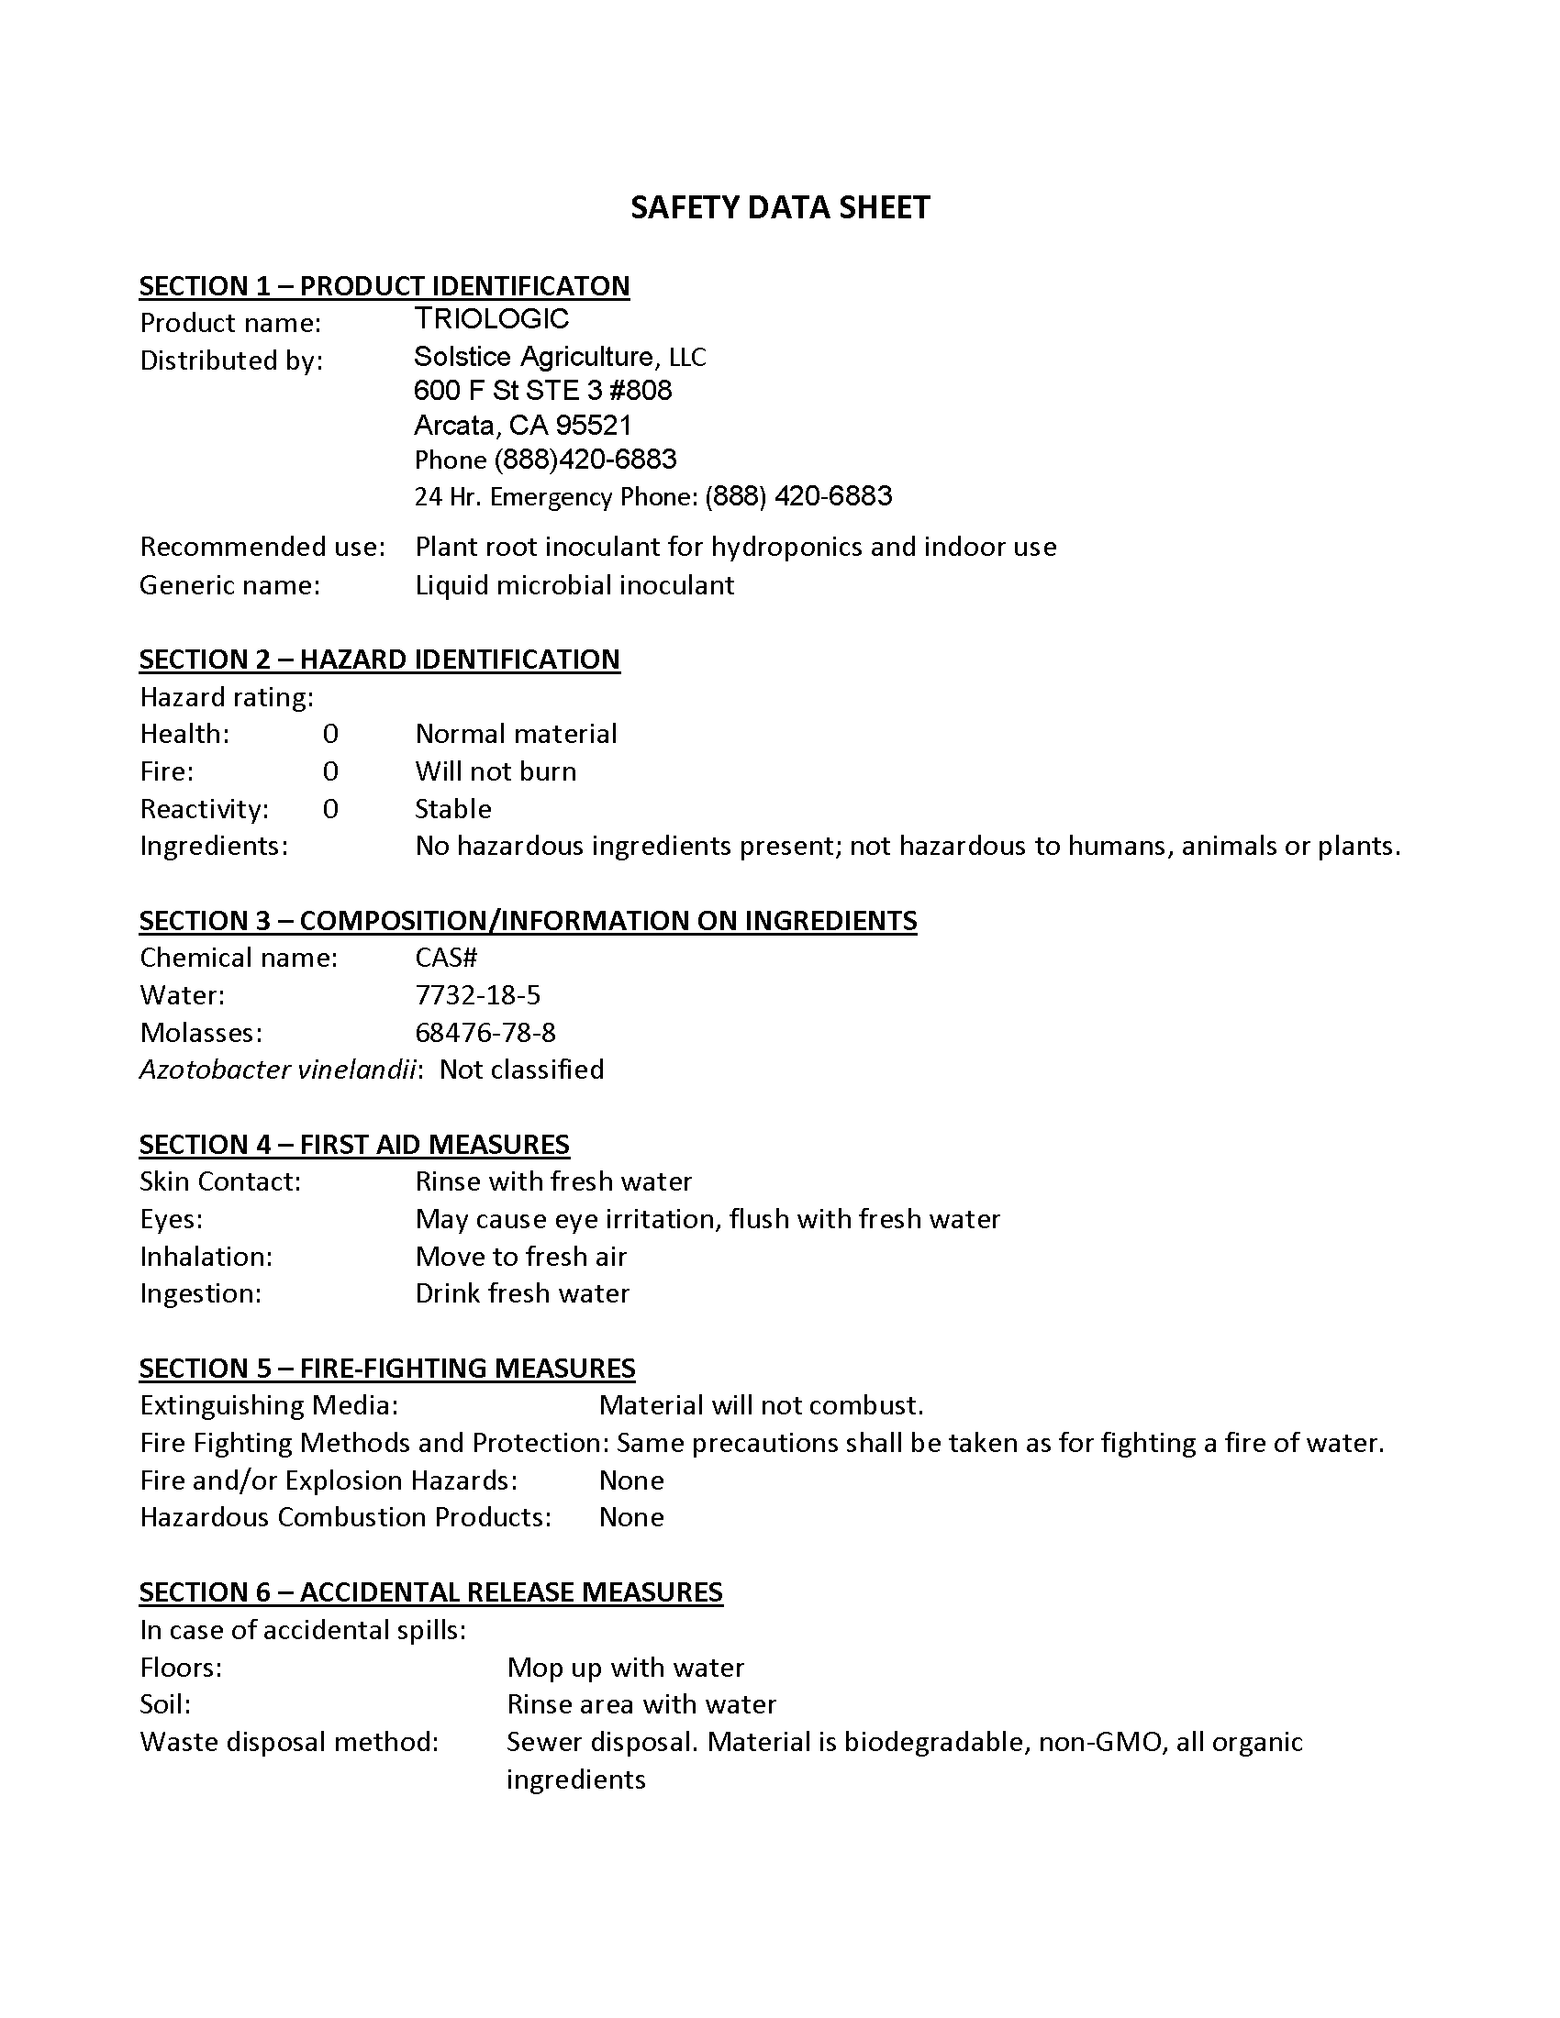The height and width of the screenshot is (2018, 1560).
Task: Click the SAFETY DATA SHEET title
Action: pos(779,207)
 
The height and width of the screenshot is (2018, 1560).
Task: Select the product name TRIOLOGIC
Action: pos(492,319)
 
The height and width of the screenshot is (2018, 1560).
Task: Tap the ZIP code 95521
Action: pos(594,425)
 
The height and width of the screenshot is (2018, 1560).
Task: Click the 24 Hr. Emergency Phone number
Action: pos(798,496)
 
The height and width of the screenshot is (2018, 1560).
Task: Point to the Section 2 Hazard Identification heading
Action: pos(379,659)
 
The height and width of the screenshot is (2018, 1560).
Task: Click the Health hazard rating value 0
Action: pos(330,734)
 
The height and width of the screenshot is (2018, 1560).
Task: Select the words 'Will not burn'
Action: pos(496,771)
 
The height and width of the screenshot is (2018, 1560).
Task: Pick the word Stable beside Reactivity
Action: pos(452,808)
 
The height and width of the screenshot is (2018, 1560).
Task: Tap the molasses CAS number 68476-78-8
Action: pos(485,1032)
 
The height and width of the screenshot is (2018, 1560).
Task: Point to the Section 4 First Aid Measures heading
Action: pos(354,1144)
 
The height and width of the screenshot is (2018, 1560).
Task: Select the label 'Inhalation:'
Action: pos(206,1256)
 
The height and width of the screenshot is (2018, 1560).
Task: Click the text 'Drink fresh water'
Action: pos(522,1292)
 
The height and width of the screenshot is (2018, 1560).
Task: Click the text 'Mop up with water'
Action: pos(625,1667)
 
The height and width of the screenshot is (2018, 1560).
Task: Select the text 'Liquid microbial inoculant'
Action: pos(574,585)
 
